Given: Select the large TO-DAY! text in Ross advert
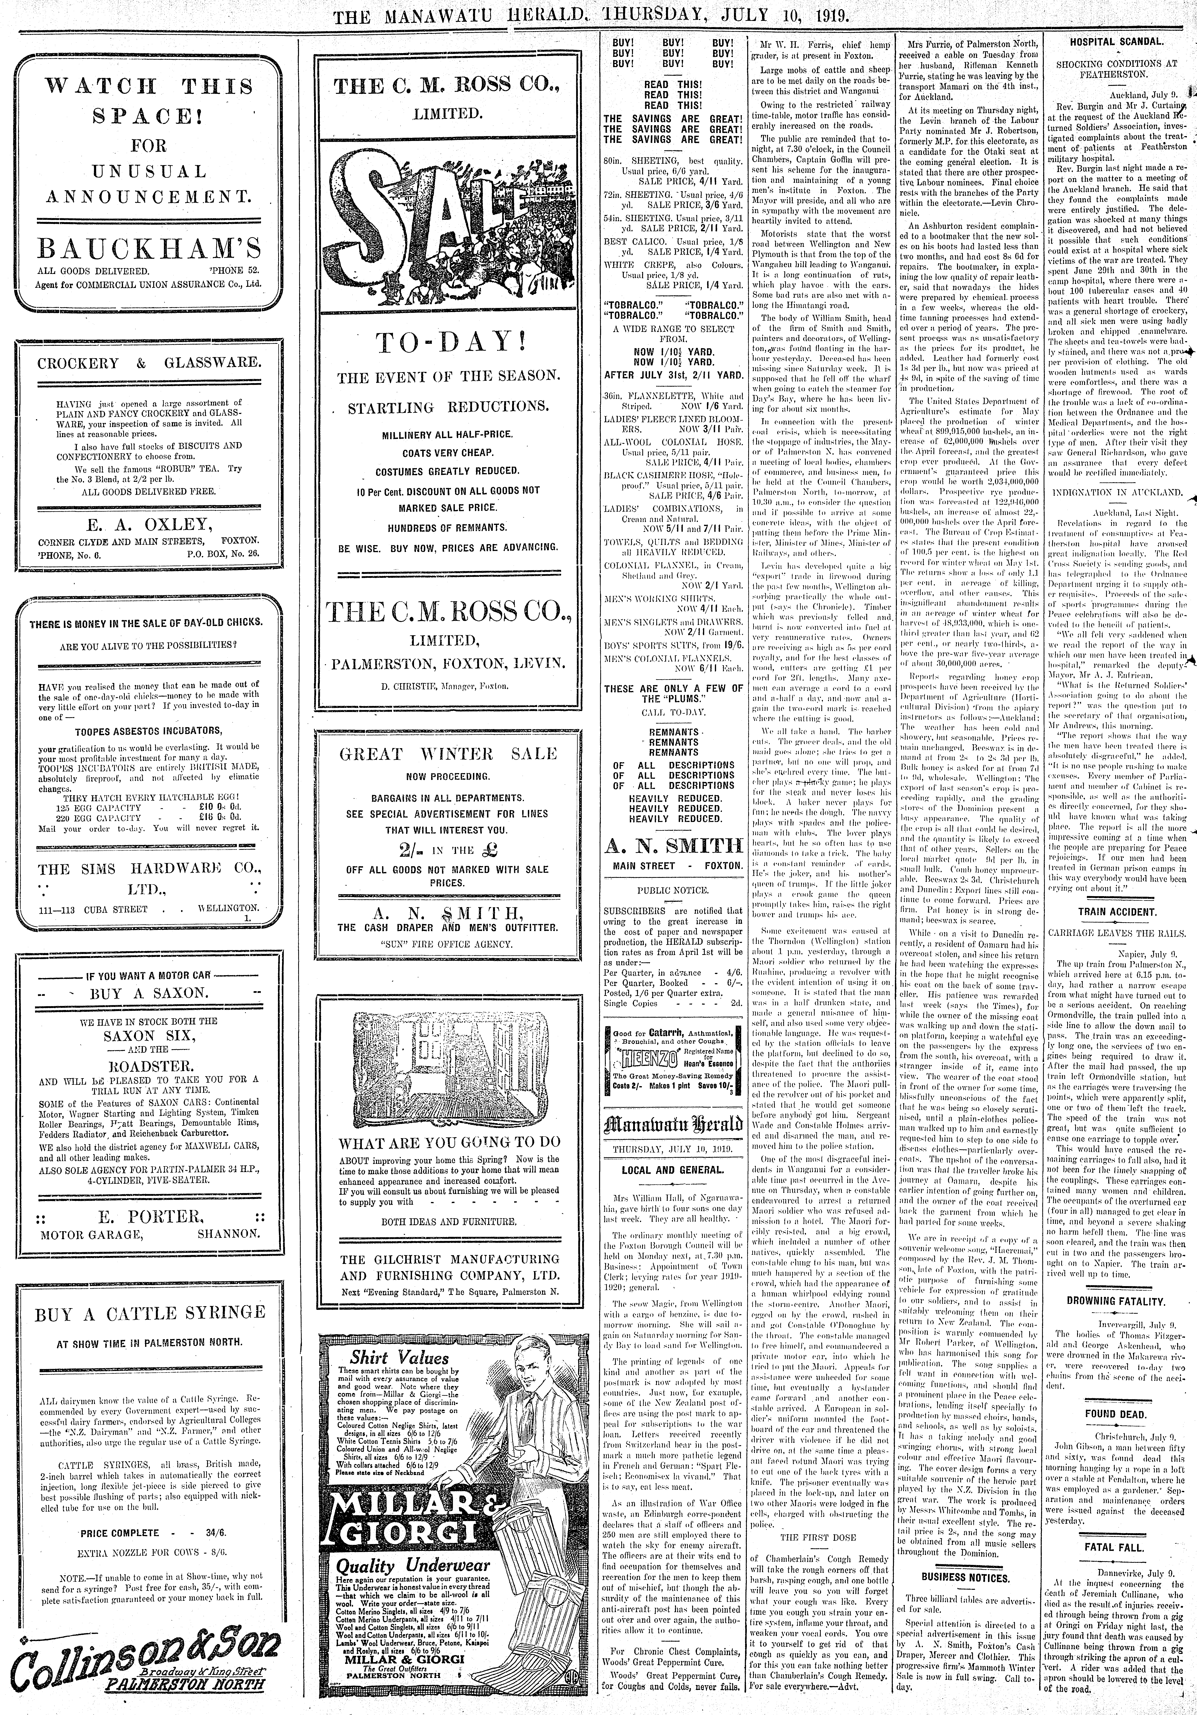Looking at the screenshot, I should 448,344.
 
